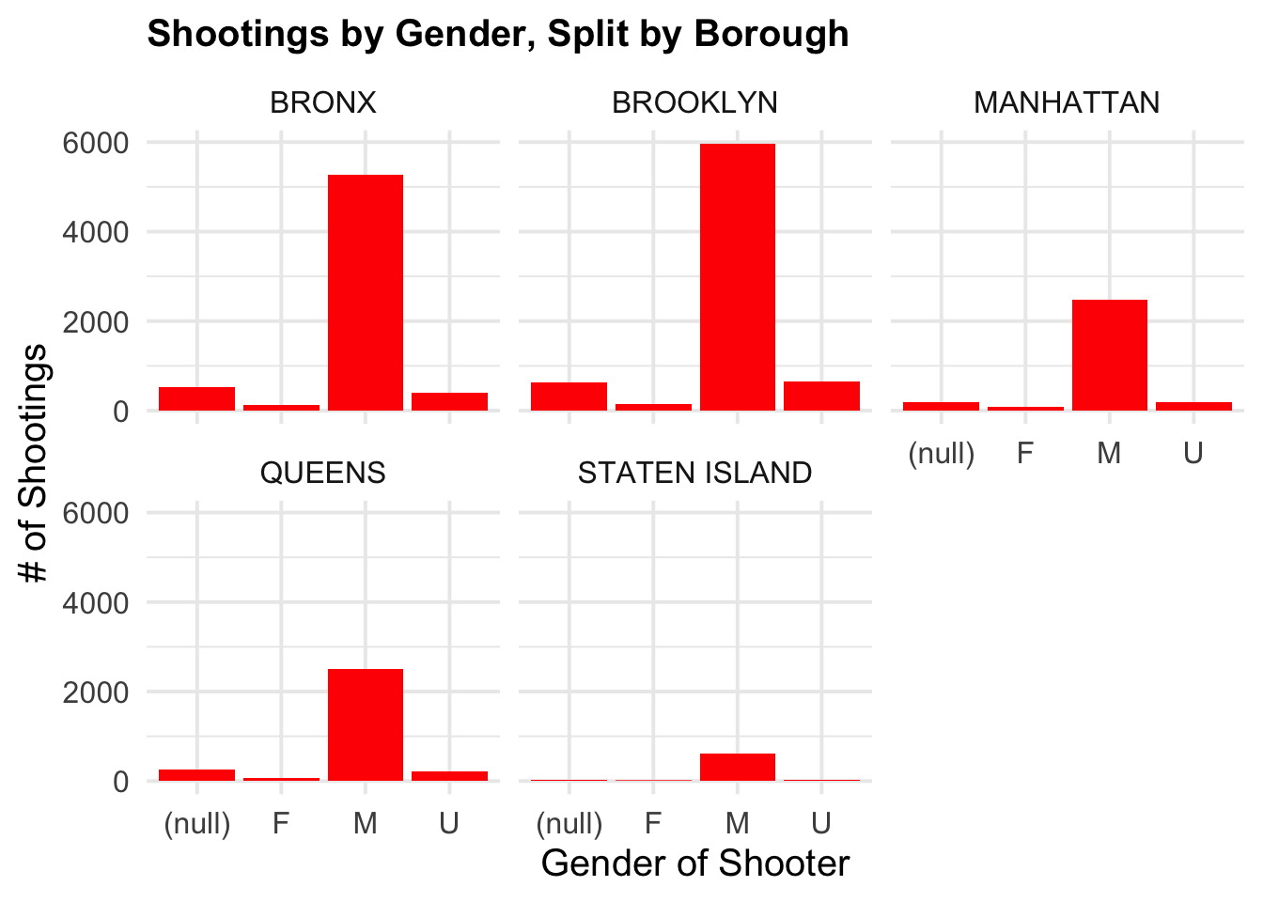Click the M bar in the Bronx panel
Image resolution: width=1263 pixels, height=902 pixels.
click(365, 292)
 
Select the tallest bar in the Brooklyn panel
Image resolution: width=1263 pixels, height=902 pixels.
click(738, 277)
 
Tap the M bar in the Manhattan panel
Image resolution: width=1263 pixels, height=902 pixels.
click(1109, 355)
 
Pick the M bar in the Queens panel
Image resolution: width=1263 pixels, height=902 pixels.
click(365, 724)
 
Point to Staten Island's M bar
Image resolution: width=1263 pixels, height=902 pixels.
click(738, 767)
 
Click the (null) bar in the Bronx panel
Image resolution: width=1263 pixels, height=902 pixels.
click(196, 398)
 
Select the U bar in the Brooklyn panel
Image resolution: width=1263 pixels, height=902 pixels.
click(821, 396)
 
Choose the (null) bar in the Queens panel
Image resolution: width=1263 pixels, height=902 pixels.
click(196, 775)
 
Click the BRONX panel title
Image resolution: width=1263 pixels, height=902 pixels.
click(322, 102)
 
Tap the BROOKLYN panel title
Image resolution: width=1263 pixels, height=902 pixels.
click(694, 102)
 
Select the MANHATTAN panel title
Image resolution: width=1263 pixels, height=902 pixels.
click(1067, 102)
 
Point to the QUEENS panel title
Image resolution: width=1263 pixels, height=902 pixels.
click(322, 473)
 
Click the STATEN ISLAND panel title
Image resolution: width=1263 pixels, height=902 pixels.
click(694, 473)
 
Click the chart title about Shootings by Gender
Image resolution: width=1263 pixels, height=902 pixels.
click(498, 35)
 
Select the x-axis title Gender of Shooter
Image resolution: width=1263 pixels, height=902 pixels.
click(694, 863)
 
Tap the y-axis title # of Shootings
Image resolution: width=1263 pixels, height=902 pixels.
click(35, 462)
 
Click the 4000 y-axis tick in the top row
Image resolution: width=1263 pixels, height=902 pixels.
click(94, 232)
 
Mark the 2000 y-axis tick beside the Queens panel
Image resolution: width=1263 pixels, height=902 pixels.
click(94, 692)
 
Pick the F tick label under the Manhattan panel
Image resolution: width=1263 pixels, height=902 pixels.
click(1024, 454)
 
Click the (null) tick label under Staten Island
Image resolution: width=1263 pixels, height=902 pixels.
click(569, 824)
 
